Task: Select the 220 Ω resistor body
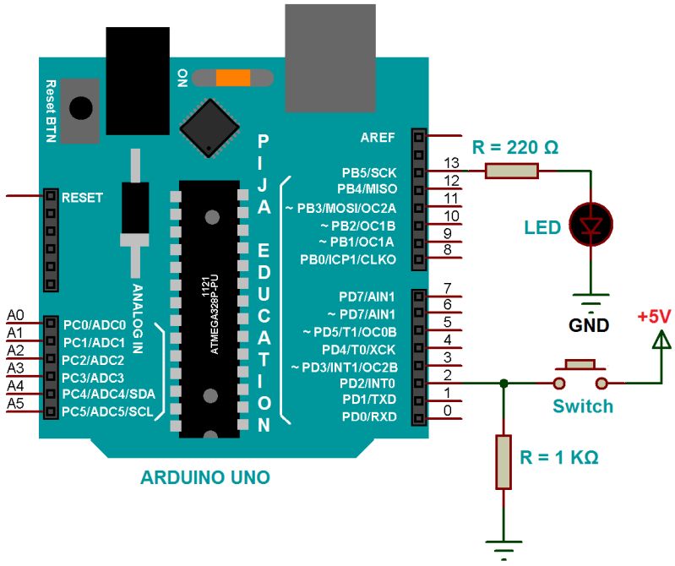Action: point(512,171)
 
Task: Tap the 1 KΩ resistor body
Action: point(504,462)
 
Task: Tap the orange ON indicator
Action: point(232,78)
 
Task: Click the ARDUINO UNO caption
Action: point(205,478)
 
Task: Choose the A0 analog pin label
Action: point(15,314)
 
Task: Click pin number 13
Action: point(451,162)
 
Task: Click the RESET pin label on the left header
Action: point(82,197)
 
